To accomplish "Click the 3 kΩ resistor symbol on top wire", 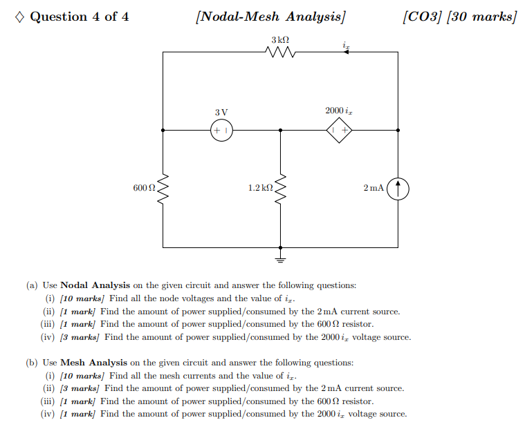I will [280, 52].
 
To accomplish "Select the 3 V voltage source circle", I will [221, 130].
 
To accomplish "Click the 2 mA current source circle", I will [398, 188].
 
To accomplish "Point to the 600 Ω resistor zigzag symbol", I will [163, 188].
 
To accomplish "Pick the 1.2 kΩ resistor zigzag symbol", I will [280, 188].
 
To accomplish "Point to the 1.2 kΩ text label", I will [260, 188].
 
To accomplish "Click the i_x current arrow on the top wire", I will [346, 52].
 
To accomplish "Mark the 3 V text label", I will [221, 112].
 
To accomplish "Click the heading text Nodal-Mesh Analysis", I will [270, 17].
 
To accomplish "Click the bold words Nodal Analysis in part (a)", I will [95, 285].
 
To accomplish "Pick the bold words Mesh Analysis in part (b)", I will [94, 363].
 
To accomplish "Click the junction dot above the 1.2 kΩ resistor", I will [280, 130].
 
